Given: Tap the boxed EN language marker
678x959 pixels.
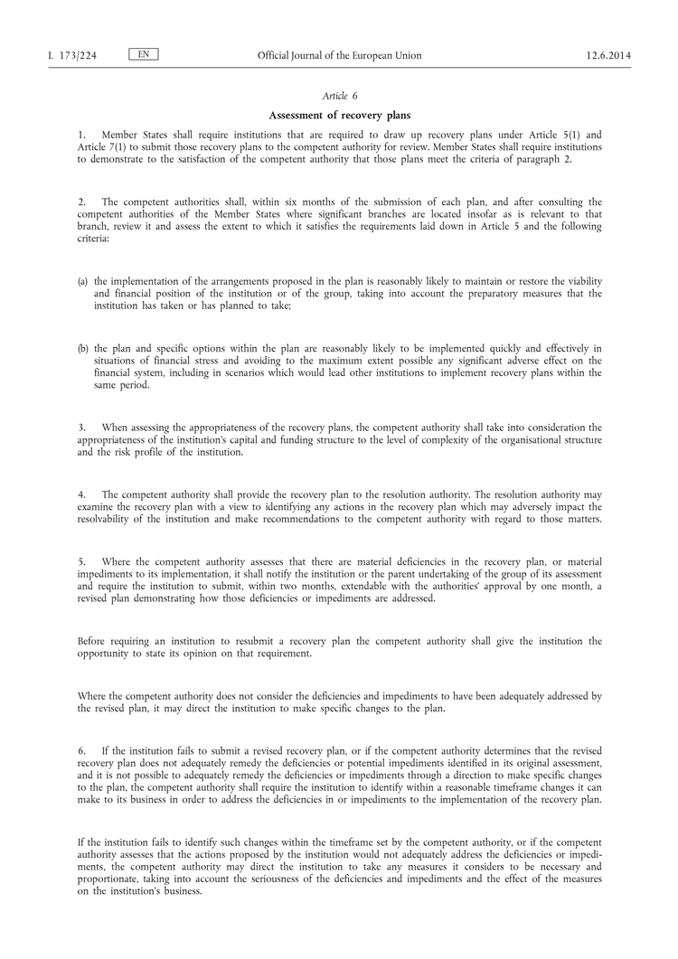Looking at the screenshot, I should (x=144, y=55).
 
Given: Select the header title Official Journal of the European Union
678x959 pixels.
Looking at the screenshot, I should (x=339, y=56).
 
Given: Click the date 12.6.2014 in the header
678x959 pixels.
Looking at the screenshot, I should (x=607, y=56).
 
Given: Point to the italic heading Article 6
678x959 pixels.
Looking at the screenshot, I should (x=339, y=96).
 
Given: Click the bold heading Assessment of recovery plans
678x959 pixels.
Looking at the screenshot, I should (x=339, y=115).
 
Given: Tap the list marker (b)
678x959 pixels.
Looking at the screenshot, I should (x=83, y=349).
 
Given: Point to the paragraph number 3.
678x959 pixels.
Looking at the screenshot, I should (x=80, y=428).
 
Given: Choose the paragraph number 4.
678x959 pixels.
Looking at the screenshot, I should (x=80, y=494).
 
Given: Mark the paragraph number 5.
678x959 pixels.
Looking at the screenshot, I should (x=80, y=562).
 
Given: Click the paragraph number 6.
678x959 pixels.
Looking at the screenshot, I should (x=80, y=751).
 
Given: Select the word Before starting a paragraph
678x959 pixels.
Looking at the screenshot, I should (x=94, y=642).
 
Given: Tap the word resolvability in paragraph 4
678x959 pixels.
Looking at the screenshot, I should (x=107, y=520).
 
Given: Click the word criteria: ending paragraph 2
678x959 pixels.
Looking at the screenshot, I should (x=94, y=240).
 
